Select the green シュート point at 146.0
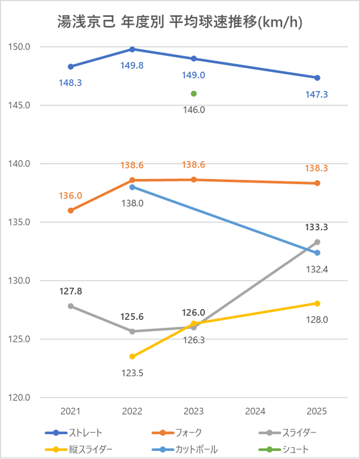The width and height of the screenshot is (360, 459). pyautogui.click(x=194, y=94)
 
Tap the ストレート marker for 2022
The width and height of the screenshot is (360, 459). pyautogui.click(x=132, y=49)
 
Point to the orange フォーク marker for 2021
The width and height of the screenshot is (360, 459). pyautogui.click(x=71, y=210)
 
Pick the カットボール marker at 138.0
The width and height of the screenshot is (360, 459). pyautogui.click(x=132, y=187)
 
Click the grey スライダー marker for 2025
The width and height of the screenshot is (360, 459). pyautogui.click(x=317, y=242)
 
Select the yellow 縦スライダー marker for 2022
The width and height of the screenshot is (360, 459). pyautogui.click(x=132, y=356)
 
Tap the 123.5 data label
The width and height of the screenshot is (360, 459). pyautogui.click(x=132, y=373)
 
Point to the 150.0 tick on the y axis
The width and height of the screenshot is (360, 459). pyautogui.click(x=20, y=47)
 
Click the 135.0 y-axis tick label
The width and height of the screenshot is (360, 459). pyautogui.click(x=20, y=223)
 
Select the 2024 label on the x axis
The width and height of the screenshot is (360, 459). pyautogui.click(x=255, y=411)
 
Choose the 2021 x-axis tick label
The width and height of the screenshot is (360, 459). pyautogui.click(x=71, y=411)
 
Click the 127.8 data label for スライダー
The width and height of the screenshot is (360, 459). pyautogui.click(x=71, y=291)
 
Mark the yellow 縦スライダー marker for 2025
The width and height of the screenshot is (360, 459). pyautogui.click(x=317, y=303)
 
